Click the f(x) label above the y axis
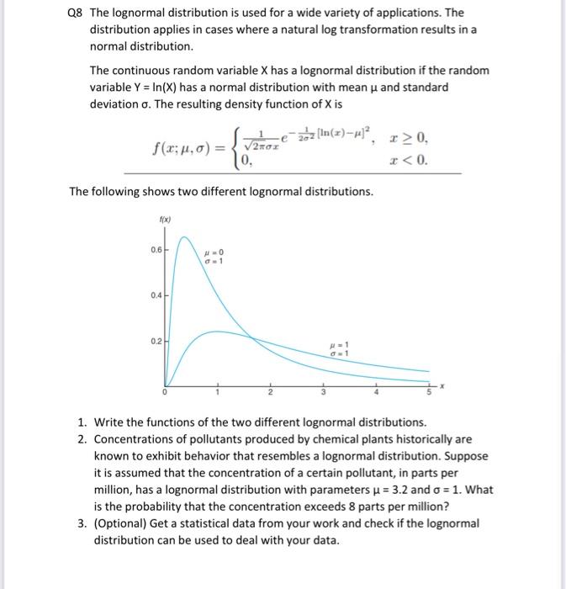coord(164,220)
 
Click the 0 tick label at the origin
coord(166,392)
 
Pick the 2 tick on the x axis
coord(271,392)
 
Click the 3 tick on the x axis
coord(323,392)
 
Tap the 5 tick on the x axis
coord(428,392)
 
